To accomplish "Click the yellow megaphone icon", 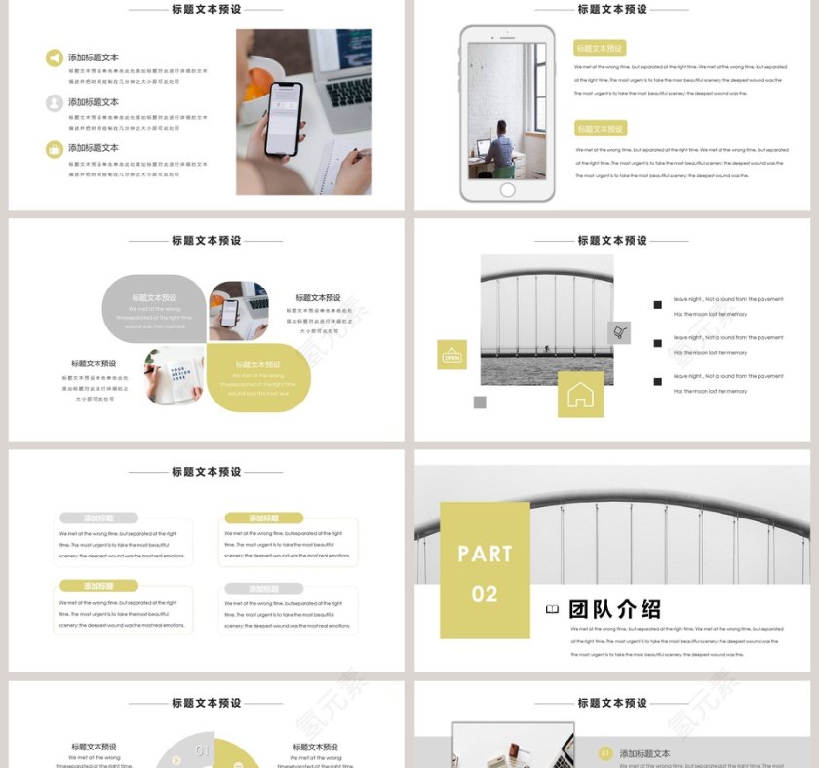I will point(54,58).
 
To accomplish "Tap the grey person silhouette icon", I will point(54,103).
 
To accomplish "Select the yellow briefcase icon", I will point(54,149).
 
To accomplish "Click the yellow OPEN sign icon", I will point(451,356).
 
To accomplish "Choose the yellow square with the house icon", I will point(580,394).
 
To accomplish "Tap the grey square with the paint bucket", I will point(619,333).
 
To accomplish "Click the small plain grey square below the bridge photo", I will point(480,403).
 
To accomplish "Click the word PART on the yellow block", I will point(485,555).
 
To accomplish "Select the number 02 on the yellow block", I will point(485,595).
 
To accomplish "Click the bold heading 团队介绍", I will point(615,610).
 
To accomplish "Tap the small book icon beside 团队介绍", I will point(552,610).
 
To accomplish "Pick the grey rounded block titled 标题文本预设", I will point(154,309).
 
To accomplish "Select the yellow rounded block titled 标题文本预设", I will point(258,377).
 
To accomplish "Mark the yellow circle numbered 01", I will point(605,753).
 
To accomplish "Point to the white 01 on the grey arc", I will point(202,750).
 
